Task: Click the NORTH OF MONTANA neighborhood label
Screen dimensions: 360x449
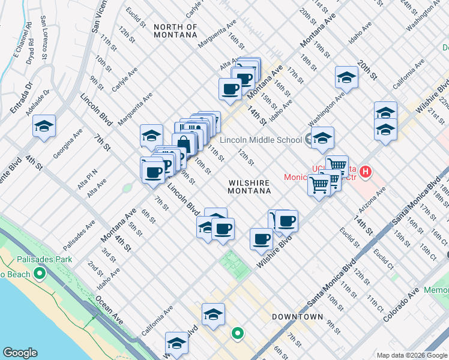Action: click(x=175, y=31)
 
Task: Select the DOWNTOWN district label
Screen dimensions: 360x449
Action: click(x=298, y=316)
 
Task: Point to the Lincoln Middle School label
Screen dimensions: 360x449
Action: click(x=261, y=140)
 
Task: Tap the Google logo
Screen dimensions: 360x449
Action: click(x=20, y=353)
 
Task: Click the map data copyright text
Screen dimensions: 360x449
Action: click(x=411, y=355)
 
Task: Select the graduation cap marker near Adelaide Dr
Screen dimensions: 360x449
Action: click(x=44, y=126)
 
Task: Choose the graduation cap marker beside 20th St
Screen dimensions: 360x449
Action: click(x=346, y=77)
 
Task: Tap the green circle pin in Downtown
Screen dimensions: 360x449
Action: click(x=238, y=332)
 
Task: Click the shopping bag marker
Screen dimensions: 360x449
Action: click(x=184, y=144)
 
